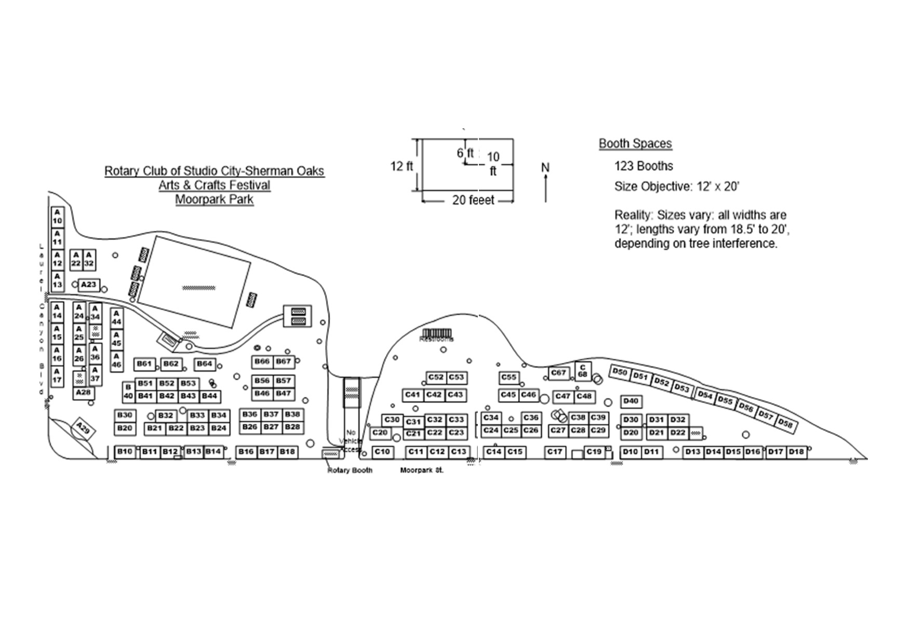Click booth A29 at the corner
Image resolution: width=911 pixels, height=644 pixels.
click(83, 430)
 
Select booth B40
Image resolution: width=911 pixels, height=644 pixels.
click(128, 392)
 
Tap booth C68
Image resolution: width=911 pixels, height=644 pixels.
click(583, 371)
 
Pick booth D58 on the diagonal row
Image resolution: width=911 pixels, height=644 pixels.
click(786, 424)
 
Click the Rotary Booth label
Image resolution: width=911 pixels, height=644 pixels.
click(350, 471)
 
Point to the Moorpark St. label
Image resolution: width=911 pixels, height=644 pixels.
click(422, 471)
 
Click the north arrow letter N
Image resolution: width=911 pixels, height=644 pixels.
click(545, 167)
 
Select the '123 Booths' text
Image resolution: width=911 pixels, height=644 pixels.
click(644, 166)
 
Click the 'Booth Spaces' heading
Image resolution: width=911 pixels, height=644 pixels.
click(635, 144)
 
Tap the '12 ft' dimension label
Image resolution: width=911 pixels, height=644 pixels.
click(401, 166)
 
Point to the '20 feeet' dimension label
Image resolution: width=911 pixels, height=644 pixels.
click(473, 200)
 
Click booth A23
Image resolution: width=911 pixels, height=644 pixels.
click(89, 285)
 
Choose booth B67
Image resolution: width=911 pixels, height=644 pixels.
click(284, 361)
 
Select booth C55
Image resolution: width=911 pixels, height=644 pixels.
click(509, 378)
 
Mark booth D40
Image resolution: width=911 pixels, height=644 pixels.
click(631, 401)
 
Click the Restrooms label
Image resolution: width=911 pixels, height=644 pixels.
click(436, 339)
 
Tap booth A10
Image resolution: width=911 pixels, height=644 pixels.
click(57, 217)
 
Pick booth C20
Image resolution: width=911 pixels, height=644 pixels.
click(380, 433)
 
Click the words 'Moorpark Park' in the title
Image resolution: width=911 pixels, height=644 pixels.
click(214, 199)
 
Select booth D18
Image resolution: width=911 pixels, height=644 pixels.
click(796, 452)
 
